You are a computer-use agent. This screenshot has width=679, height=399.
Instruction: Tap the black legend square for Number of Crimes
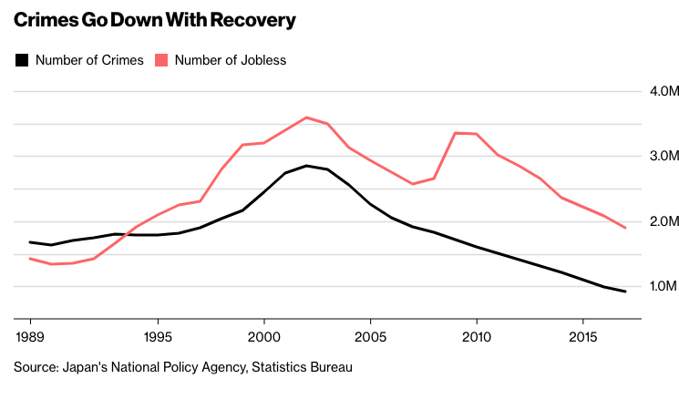tap(21, 61)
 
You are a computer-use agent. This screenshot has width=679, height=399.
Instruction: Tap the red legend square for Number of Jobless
tap(160, 61)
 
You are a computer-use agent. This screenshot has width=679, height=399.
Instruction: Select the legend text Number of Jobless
tap(231, 61)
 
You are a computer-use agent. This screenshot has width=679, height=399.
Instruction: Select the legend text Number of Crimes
tap(89, 61)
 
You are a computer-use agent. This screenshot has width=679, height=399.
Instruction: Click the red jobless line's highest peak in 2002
tap(306, 118)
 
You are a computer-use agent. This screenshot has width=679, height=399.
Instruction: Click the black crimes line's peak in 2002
tap(306, 166)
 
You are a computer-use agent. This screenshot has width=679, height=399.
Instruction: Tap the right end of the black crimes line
tap(624, 292)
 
